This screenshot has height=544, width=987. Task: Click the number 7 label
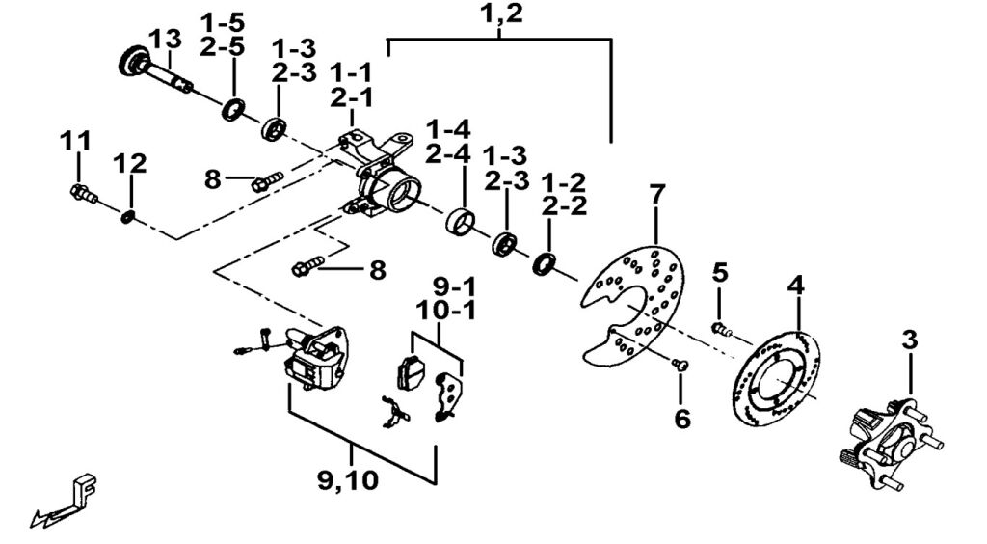point(656,194)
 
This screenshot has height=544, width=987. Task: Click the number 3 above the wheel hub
point(910,340)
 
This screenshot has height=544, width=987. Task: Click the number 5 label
point(720,272)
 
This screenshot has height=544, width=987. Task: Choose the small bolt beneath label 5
point(722,330)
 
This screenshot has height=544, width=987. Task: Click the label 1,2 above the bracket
point(500,14)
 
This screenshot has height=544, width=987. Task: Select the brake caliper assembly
point(310,360)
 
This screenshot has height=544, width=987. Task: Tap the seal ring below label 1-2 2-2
point(546,262)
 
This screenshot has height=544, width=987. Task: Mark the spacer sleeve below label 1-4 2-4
point(461,222)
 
